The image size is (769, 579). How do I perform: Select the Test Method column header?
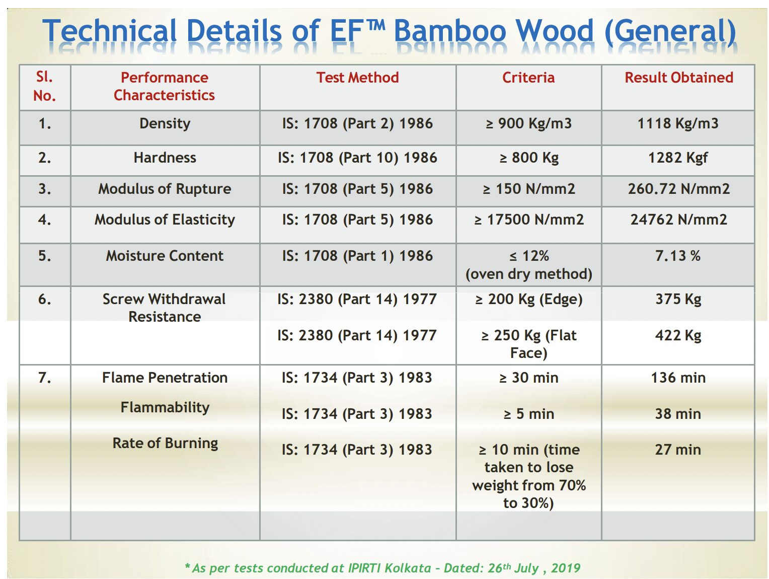(x=357, y=78)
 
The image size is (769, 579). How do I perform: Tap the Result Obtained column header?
(x=678, y=78)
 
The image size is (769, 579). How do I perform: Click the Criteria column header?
(x=528, y=78)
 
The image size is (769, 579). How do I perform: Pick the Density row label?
(x=165, y=124)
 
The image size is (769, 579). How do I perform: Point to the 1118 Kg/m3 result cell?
(x=678, y=123)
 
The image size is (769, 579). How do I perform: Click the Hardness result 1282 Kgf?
(x=678, y=158)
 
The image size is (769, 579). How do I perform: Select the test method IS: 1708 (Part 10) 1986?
(x=357, y=158)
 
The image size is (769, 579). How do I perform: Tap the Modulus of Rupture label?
(x=165, y=189)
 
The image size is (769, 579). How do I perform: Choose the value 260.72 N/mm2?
(x=678, y=189)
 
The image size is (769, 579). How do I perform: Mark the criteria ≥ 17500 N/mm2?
(x=529, y=220)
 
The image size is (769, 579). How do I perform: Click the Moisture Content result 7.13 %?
(x=678, y=256)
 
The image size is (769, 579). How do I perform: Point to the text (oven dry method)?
(x=528, y=274)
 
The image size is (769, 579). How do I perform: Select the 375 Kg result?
(x=678, y=300)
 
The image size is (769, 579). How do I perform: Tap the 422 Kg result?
(x=678, y=336)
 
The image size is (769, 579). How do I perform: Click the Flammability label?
(x=165, y=408)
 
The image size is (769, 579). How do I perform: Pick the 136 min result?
(x=678, y=378)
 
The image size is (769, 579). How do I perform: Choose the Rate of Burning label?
(x=165, y=444)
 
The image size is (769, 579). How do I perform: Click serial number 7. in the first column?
(x=44, y=378)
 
